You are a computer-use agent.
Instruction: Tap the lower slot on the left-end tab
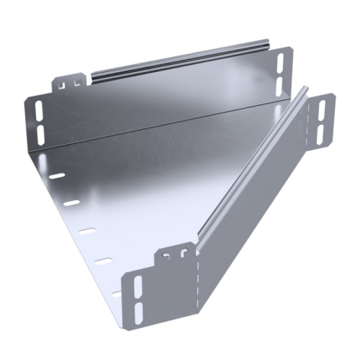tap(38, 132)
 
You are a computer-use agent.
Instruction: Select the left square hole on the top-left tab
tap(63, 84)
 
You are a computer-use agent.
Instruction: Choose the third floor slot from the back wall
tap(86, 232)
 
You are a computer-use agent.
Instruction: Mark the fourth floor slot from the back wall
tap(103, 261)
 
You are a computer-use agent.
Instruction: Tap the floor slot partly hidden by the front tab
tap(117, 292)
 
